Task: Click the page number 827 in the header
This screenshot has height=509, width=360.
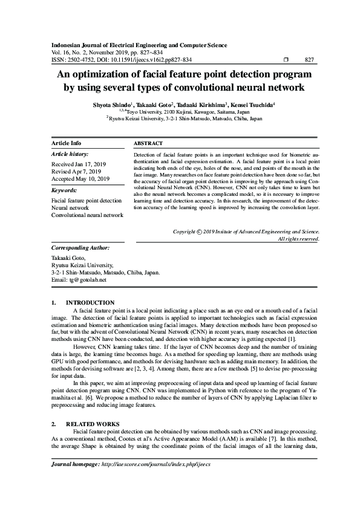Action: coord(308,60)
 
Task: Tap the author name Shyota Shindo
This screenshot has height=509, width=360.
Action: coord(110,105)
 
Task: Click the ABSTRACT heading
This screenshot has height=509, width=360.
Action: coord(148,143)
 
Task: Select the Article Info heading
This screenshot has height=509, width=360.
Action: coord(67,143)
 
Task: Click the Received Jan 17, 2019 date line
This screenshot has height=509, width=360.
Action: coord(79,164)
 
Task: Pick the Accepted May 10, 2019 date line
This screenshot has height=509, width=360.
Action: coord(80,179)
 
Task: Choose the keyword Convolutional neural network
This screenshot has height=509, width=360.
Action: coord(88,215)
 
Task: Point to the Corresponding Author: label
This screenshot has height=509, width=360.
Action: coord(80,248)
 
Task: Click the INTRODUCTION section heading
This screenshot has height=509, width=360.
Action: coord(90,302)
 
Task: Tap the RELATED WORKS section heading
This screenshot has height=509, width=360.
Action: coord(92,424)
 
